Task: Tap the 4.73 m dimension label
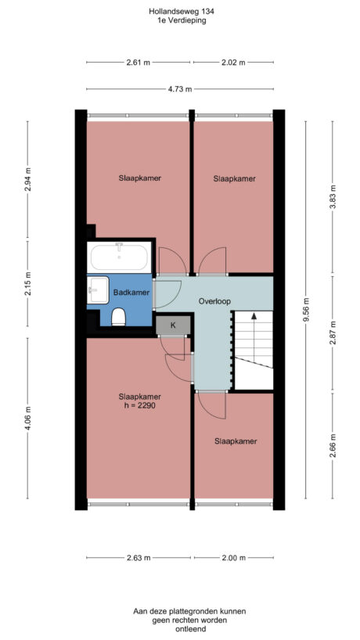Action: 181,89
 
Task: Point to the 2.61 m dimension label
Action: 138,63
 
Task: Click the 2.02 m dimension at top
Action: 233,63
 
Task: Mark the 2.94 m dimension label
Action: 27,180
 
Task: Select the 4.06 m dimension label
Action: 27,419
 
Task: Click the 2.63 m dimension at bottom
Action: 138,558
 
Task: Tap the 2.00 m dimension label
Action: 233,558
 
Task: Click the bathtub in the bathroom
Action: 120,257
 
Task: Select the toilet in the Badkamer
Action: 119,316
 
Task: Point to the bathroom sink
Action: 97,289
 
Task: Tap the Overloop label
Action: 214,300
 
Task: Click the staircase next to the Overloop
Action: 254,348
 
